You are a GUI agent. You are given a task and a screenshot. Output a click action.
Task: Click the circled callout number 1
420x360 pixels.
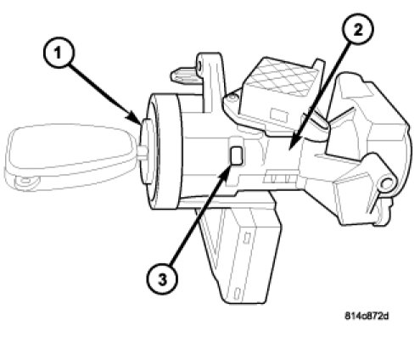pos(59,53)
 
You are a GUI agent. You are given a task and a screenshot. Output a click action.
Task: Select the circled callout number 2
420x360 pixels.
pos(358,29)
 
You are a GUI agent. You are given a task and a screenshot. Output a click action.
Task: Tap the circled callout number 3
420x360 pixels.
pos(162,279)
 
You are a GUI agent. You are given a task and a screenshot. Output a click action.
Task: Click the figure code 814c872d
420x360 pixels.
pos(367,316)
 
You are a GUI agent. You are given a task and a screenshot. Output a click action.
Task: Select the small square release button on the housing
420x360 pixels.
pos(237,156)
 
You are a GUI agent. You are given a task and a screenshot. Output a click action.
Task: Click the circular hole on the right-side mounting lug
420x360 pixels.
pos(386,184)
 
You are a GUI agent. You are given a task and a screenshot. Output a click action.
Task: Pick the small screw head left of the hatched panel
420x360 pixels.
pos(232,98)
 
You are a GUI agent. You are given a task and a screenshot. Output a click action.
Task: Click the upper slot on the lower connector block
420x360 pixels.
pos(247,238)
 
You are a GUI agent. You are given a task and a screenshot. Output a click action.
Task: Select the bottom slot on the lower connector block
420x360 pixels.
pos(238,293)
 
